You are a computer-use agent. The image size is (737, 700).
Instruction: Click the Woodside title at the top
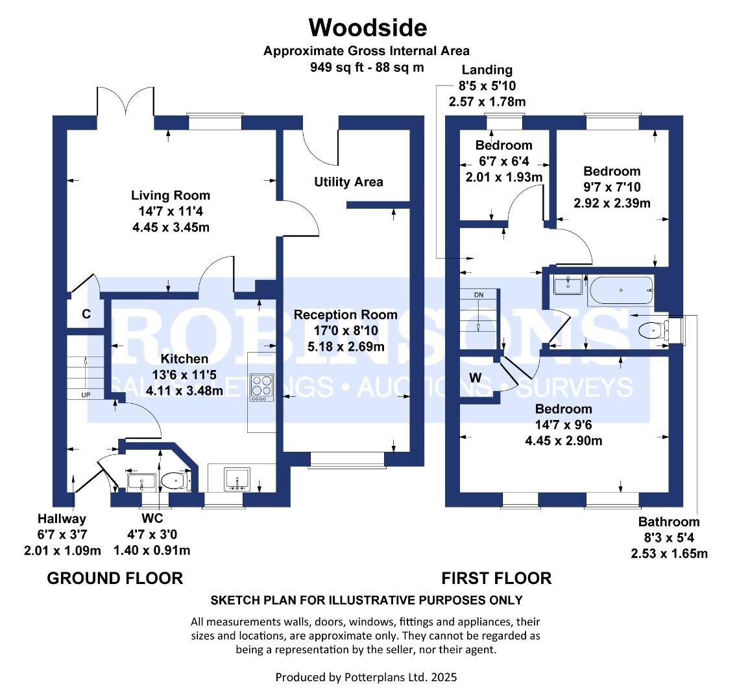(368, 27)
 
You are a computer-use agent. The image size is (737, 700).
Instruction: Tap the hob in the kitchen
(262, 388)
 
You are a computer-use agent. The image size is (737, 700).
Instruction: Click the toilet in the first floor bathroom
(654, 330)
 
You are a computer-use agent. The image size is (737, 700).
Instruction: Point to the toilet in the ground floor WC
(175, 481)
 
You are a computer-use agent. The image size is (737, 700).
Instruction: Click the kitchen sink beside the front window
(238, 480)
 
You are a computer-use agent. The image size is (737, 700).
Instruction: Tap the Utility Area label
(348, 181)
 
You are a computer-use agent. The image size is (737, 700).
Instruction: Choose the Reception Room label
(345, 314)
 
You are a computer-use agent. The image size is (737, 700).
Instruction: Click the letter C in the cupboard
(86, 314)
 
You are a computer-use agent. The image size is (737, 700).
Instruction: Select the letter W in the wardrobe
(475, 377)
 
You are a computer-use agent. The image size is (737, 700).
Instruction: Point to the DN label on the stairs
(479, 295)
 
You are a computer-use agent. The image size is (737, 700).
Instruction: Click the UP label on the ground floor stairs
(86, 395)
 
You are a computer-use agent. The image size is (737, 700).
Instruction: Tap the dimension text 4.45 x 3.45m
(171, 227)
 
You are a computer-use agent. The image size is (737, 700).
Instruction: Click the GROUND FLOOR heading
(115, 578)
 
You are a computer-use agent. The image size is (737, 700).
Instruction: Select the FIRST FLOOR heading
(496, 578)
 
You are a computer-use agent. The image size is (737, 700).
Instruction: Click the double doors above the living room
(125, 101)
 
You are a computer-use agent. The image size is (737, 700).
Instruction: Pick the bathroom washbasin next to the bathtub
(568, 285)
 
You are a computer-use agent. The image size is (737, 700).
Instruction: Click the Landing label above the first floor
(487, 69)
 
